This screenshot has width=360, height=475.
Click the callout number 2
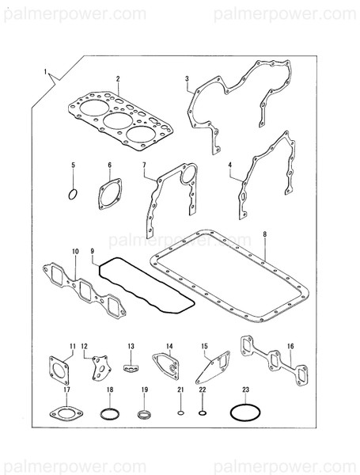(117, 78)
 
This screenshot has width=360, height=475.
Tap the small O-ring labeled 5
(73, 193)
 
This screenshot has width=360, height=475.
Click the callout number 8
(264, 235)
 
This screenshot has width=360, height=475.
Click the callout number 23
(246, 389)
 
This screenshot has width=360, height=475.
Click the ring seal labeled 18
(110, 414)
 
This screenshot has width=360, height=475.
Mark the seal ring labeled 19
(144, 414)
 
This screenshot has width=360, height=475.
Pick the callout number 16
(290, 346)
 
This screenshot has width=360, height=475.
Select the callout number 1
(45, 72)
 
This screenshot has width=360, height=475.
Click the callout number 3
(186, 78)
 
